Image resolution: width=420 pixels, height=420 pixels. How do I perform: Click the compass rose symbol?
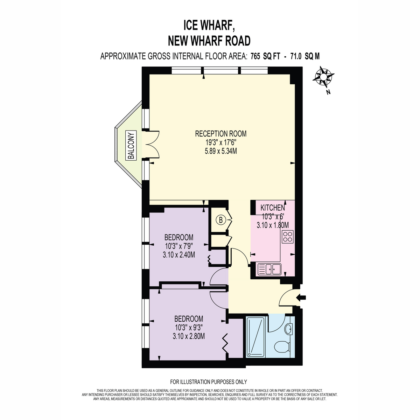(x=323, y=77)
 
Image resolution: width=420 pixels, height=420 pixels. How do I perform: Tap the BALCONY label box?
(x=131, y=145)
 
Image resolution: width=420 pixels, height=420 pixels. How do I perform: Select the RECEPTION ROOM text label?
(x=220, y=133)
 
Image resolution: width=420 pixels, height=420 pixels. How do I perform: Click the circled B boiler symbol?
(x=221, y=220)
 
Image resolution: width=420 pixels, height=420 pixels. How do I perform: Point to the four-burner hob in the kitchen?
(x=287, y=237)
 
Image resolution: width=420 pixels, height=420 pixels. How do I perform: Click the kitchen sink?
(x=269, y=269)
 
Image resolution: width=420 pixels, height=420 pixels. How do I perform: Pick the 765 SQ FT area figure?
(x=265, y=56)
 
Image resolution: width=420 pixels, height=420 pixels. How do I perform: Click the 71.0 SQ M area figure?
(x=305, y=56)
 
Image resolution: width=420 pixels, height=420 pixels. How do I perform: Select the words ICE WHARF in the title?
(x=209, y=26)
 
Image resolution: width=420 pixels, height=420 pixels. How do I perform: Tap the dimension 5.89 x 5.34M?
(x=220, y=151)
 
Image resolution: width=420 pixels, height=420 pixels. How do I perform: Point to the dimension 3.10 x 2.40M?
(x=179, y=254)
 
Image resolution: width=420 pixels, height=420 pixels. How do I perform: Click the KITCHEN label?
(x=272, y=208)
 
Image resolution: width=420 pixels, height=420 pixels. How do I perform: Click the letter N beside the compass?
(x=328, y=92)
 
